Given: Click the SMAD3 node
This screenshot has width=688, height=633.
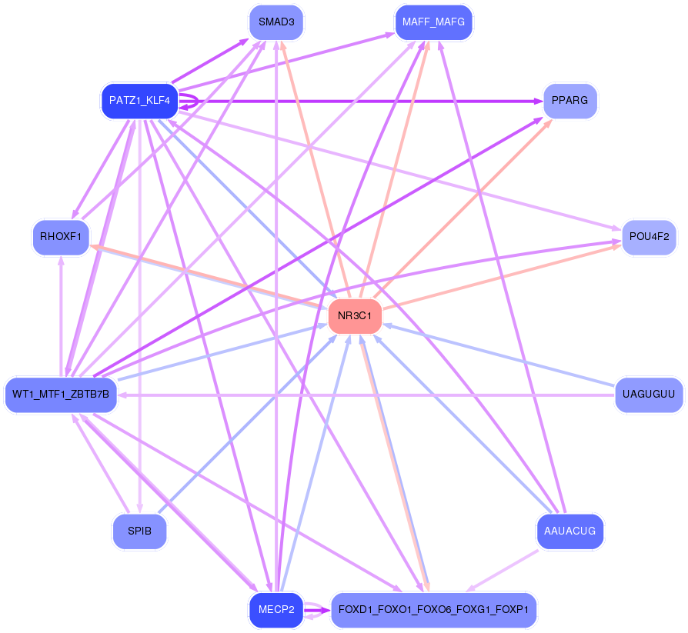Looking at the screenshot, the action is (x=276, y=22).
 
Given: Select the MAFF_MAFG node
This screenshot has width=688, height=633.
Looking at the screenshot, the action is (x=433, y=22).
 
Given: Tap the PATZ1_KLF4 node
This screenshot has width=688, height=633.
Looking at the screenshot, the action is (x=139, y=101).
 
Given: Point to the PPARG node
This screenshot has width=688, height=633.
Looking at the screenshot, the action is (x=569, y=101).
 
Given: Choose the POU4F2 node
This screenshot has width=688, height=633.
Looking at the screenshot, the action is (x=649, y=238).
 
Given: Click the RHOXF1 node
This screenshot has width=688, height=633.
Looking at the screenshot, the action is (x=61, y=238).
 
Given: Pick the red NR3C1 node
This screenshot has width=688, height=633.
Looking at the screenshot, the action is (x=355, y=316).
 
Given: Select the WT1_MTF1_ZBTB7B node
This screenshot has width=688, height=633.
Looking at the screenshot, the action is (x=61, y=395).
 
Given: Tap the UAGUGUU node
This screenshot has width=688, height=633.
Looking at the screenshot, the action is (x=649, y=395).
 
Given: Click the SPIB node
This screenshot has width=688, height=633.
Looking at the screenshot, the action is (x=139, y=531).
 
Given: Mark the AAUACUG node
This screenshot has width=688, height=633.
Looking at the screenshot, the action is (x=569, y=531).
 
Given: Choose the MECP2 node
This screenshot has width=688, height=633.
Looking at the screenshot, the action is (x=276, y=610).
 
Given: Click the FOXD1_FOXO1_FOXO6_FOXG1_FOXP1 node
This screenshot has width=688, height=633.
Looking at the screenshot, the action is (x=433, y=610).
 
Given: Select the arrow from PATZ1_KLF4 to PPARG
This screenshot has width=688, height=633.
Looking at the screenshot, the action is (x=361, y=102).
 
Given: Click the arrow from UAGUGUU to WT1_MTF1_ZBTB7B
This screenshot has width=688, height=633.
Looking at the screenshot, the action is (x=366, y=395).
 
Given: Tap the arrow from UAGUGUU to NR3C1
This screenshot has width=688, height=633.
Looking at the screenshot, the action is (x=499, y=355).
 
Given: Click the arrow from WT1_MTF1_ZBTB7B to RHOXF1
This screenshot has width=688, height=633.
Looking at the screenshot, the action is (x=61, y=316).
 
